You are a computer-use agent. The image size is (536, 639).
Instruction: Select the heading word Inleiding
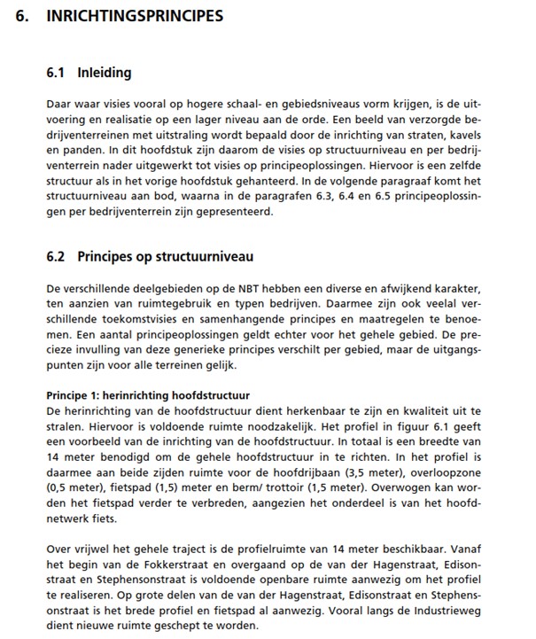[x=104, y=73]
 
